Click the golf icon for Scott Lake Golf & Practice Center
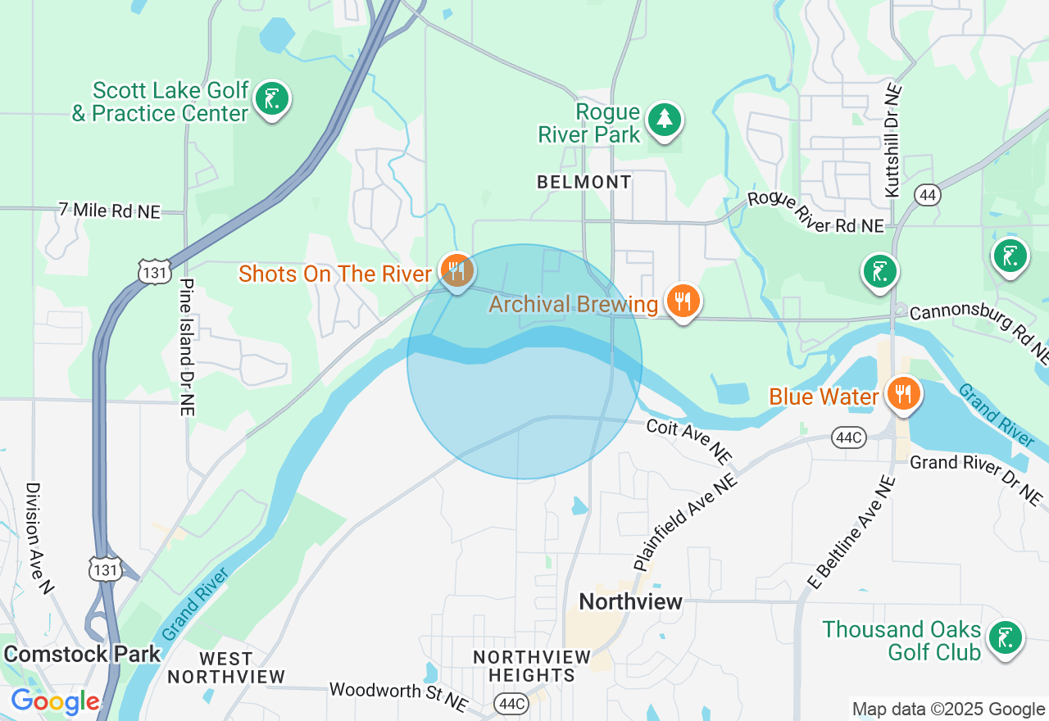[272, 100]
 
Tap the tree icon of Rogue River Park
[664, 120]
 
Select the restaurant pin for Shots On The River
[456, 270]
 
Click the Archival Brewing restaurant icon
[683, 302]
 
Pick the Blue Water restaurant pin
[902, 395]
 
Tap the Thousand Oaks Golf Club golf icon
[1005, 637]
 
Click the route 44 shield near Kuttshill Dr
[928, 195]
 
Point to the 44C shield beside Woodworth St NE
[511, 703]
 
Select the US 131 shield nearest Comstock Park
[107, 568]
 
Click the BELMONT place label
[584, 182]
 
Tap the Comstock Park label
[82, 654]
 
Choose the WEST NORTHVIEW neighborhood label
[226, 668]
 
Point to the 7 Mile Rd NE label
[110, 211]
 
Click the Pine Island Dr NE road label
[187, 347]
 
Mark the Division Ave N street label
[39, 537]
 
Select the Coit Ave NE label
[688, 441]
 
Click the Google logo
[55, 701]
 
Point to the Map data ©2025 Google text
[948, 710]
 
